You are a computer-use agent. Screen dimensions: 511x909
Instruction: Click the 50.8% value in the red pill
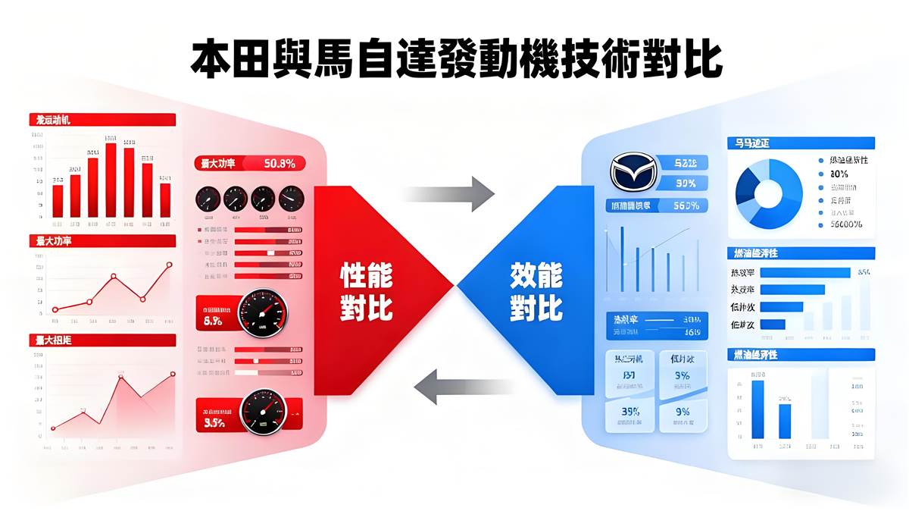click(280, 162)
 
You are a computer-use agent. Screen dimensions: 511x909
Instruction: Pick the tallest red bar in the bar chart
click(111, 179)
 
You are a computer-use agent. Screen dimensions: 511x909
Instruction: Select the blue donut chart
click(768, 193)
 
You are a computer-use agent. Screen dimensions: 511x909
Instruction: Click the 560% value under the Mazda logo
click(685, 205)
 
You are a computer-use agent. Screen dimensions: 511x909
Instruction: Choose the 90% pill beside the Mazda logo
click(685, 183)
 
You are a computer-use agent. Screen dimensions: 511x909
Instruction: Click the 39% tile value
click(630, 412)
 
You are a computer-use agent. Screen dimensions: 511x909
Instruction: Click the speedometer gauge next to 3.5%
click(261, 412)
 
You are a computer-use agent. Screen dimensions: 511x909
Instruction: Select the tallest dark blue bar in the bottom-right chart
click(757, 409)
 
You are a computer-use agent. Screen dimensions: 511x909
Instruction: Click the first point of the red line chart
click(55, 309)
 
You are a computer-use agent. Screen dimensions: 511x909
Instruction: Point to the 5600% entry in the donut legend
click(846, 224)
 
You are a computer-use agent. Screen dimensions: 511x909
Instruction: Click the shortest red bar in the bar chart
click(58, 201)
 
